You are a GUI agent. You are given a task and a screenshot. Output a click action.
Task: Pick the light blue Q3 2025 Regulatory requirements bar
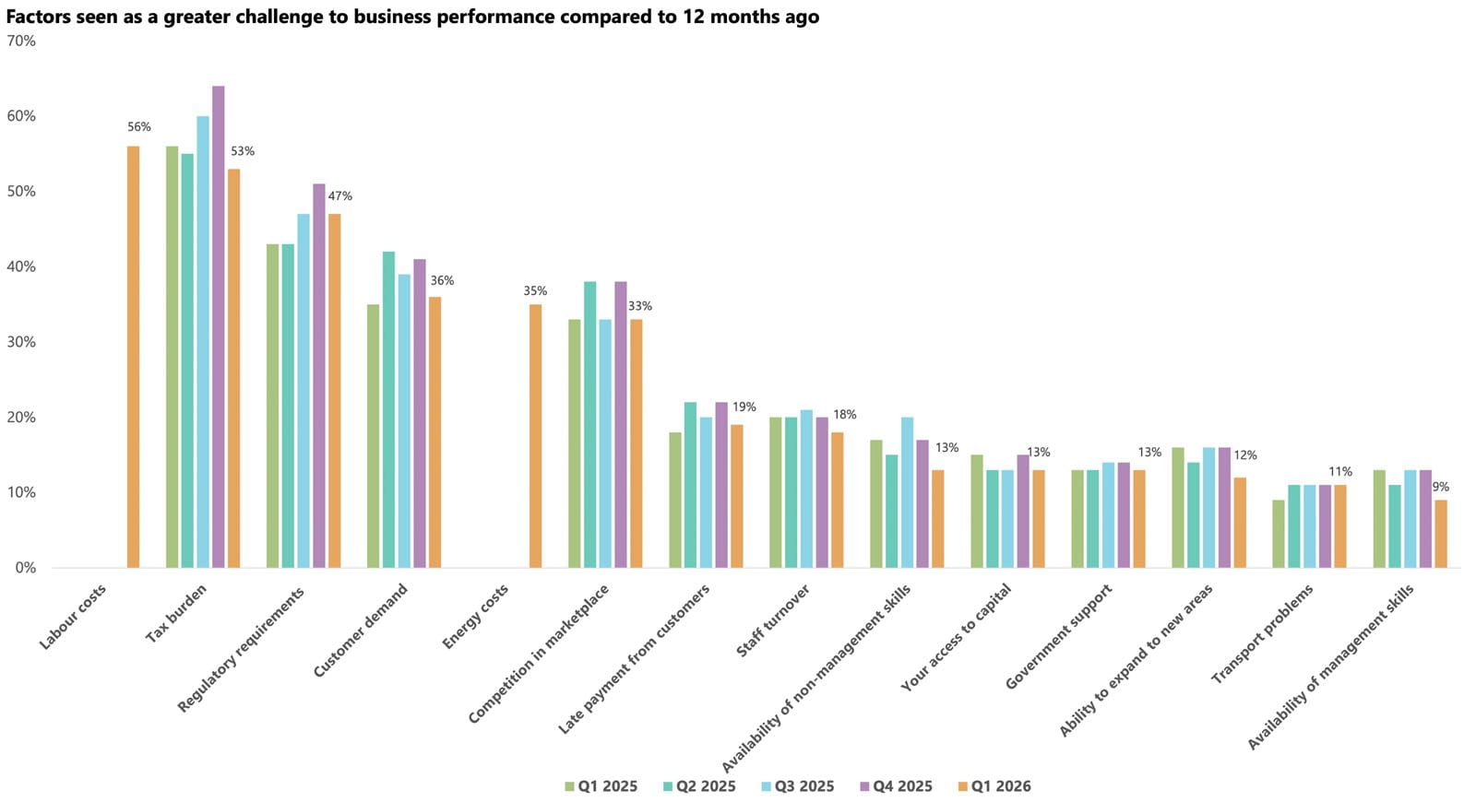[303, 391]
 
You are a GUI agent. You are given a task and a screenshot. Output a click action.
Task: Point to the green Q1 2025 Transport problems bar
[1278, 534]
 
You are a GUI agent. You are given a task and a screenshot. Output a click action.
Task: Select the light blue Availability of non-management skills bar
[907, 492]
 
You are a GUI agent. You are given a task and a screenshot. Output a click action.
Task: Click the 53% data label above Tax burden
[243, 151]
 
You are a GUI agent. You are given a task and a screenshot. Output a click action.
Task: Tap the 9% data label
[1440, 487]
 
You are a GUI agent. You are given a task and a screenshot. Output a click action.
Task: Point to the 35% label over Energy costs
[535, 291]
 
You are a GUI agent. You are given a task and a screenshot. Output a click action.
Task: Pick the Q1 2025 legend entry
[601, 786]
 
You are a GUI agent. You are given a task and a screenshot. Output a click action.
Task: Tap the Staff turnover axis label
[773, 621]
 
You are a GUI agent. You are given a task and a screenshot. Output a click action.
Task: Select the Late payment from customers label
[635, 659]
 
